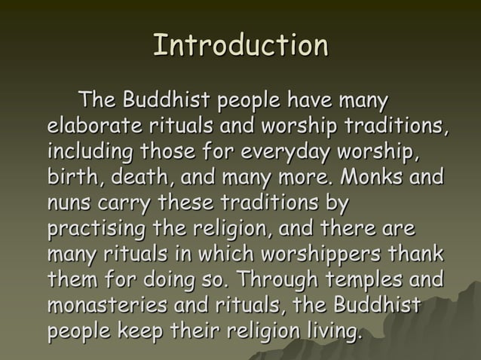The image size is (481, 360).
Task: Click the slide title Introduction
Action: point(240,46)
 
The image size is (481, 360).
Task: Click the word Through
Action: point(277,281)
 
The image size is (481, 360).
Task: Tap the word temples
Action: point(363,281)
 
